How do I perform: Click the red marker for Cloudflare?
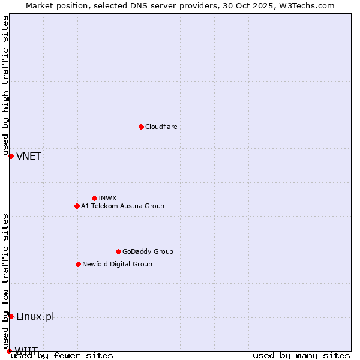(x=141, y=127)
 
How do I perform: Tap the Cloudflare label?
(x=161, y=127)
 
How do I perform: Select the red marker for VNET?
(x=11, y=156)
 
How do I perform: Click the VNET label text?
(x=29, y=157)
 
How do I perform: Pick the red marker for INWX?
(x=94, y=198)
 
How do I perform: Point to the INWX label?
(x=107, y=198)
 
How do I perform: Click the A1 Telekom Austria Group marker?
(x=77, y=206)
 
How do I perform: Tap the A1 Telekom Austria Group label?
(x=122, y=206)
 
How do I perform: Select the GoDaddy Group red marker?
(x=118, y=251)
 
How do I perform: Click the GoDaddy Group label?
(x=148, y=251)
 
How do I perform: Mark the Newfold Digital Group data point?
(x=78, y=264)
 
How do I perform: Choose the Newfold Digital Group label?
(x=117, y=264)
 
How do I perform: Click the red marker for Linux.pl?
(x=11, y=316)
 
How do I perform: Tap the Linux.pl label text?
(x=35, y=317)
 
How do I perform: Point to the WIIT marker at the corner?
(x=9, y=351)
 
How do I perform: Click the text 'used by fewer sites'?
(x=62, y=356)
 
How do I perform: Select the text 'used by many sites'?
(x=301, y=356)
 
